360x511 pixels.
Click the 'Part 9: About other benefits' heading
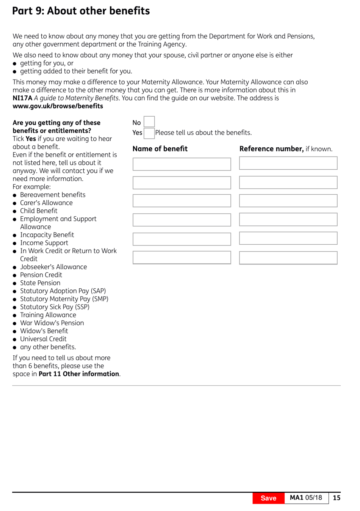coord(81,11)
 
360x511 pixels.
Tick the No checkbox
coord(149,122)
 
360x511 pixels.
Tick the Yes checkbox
coord(149,133)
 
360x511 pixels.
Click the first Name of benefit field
coord(182,164)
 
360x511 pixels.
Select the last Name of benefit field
coord(182,258)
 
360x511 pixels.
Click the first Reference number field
coord(288,163)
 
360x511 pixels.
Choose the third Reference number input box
coord(288,201)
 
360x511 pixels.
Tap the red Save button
coord(268,498)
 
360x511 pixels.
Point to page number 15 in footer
coord(337,498)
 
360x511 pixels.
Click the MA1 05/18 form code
coord(306,498)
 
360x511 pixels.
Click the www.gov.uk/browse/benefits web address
coord(58,106)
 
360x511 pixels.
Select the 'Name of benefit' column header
coord(160,149)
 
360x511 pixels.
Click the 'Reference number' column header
coord(271,149)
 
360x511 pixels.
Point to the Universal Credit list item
coord(43,339)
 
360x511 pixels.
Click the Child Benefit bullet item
coord(39,211)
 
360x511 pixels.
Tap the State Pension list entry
coord(40,283)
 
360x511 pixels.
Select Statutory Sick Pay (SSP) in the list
coord(55,307)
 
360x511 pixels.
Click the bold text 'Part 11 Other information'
coord(79,374)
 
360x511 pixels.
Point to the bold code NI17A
coord(22,98)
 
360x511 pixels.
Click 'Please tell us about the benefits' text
coord(203,133)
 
